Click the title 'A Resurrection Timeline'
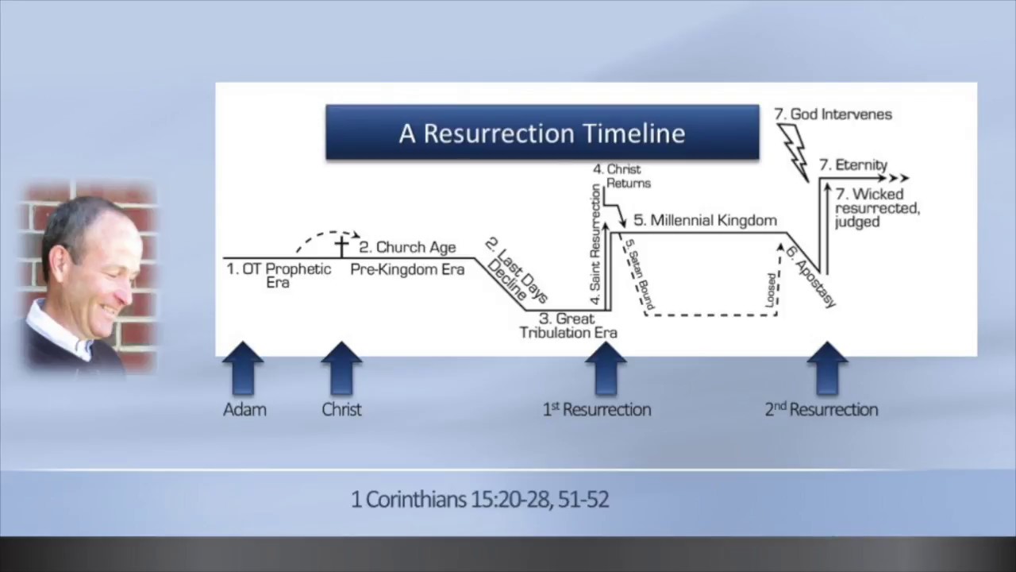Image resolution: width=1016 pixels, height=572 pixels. click(x=542, y=133)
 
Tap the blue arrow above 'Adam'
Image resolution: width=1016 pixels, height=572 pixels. click(x=243, y=368)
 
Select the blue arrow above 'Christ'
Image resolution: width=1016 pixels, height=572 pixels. click(x=341, y=368)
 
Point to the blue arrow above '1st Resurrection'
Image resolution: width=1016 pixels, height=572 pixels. click(x=606, y=368)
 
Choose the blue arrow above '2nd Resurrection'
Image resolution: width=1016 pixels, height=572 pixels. click(x=827, y=368)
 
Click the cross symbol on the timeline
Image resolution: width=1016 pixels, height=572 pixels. click(x=341, y=246)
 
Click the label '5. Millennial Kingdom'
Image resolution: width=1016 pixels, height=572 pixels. click(x=705, y=220)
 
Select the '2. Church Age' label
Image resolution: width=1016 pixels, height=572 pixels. click(x=408, y=247)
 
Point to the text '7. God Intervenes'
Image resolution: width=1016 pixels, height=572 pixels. click(x=833, y=114)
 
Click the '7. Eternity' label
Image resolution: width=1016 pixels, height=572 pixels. click(x=853, y=165)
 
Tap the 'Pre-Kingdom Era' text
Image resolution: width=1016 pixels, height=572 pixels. click(x=407, y=269)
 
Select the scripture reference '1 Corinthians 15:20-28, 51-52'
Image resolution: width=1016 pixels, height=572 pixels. click(x=479, y=500)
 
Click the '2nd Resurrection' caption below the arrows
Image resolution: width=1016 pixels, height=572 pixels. click(x=822, y=410)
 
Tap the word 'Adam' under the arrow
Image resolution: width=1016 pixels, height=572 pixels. click(x=244, y=410)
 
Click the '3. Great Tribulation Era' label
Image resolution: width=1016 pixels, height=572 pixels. click(x=568, y=326)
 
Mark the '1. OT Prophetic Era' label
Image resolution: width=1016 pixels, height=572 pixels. click(x=279, y=275)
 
